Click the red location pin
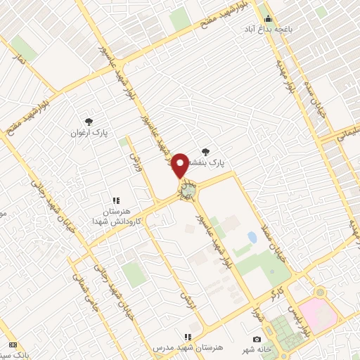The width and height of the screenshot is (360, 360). tap(180, 165)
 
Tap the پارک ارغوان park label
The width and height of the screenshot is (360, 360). tap(89, 131)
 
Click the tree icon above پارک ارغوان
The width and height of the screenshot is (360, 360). tap(89, 121)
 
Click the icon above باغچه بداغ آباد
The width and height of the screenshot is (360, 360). tap(268, 19)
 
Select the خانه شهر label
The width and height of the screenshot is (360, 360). tap(276, 349)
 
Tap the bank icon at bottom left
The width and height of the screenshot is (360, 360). tap(13, 345)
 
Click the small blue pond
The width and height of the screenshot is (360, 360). tap(252, 238)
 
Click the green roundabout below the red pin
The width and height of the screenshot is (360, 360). tap(188, 188)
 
